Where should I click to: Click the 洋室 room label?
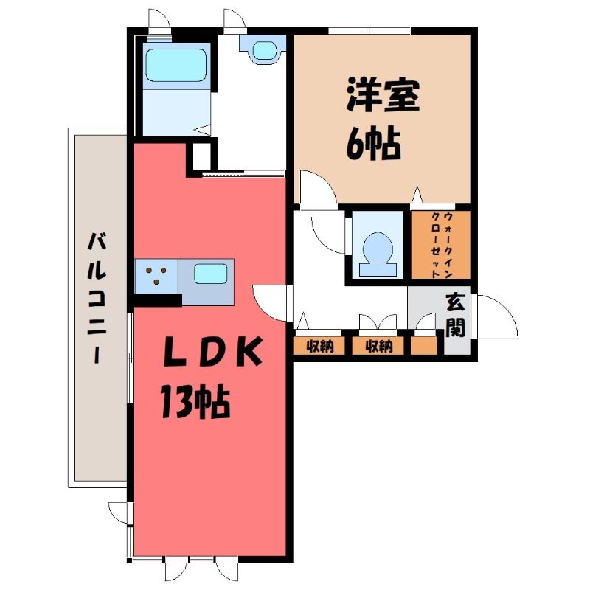point(383,94)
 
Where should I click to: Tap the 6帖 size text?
point(373,143)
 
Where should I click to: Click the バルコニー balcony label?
point(97,299)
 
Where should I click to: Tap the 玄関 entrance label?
point(456,316)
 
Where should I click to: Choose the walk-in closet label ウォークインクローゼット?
point(442,245)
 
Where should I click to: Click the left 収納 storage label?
point(320,346)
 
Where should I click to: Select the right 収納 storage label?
point(379,346)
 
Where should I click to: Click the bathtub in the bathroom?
point(176,66)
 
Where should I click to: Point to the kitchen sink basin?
point(211,274)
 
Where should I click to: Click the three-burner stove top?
point(156,276)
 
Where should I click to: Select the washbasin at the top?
point(263,49)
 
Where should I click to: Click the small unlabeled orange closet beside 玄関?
point(424,346)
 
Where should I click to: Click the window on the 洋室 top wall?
point(369,31)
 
